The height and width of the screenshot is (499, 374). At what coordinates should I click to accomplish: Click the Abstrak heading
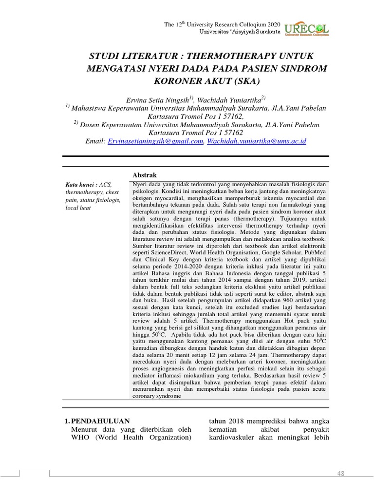click(145, 175)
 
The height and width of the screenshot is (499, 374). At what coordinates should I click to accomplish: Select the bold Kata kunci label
click(80, 185)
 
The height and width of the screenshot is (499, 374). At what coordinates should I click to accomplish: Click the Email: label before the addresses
click(95, 141)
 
